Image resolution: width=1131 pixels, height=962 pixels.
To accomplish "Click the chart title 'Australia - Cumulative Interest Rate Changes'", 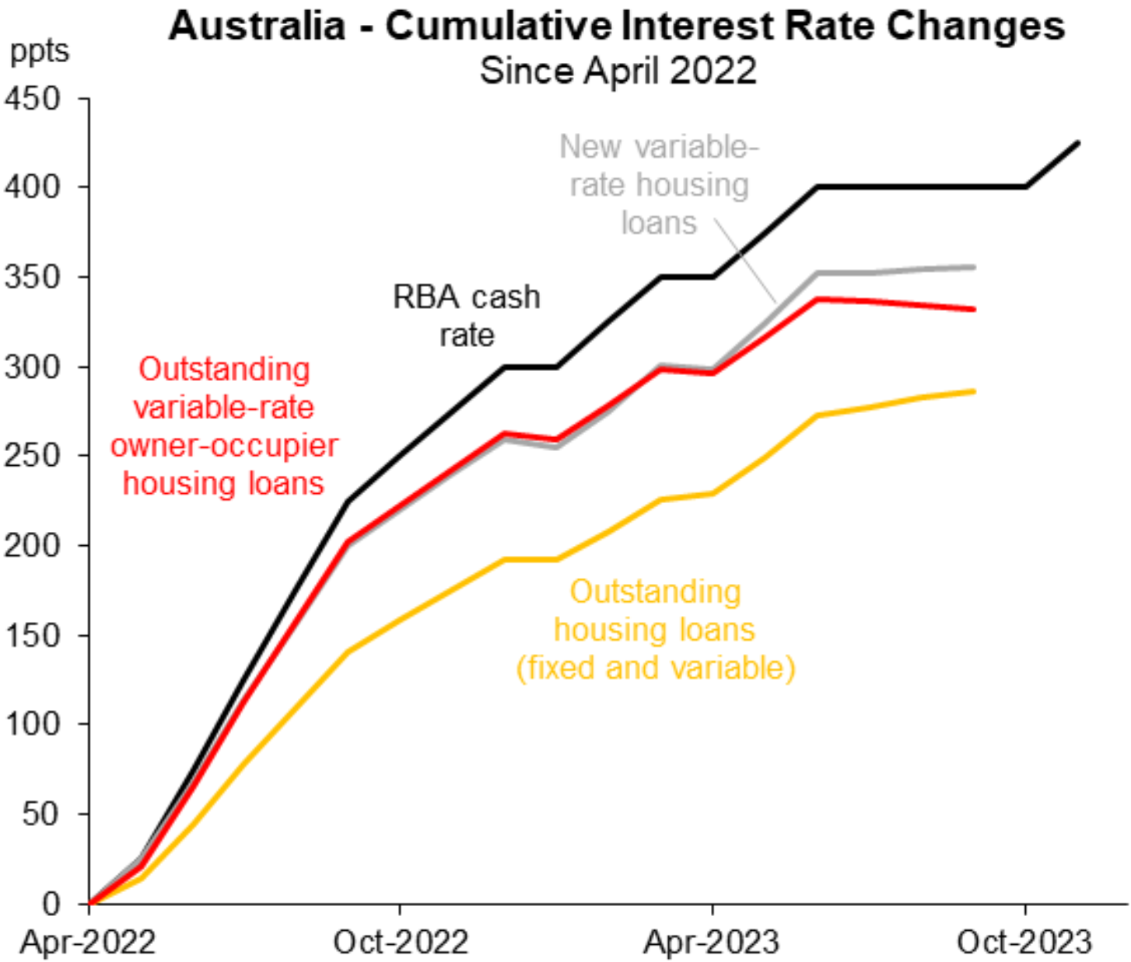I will pos(616,26).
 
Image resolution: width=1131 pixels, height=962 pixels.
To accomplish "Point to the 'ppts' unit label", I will pos(39,51).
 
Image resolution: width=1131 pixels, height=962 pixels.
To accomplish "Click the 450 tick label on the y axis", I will pos(33,99).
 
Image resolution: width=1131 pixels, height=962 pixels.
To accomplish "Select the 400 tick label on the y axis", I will pos(33,187).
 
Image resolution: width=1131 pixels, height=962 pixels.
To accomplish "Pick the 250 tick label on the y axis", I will pos(33,456).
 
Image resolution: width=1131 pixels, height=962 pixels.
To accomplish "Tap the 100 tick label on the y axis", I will pos(33,724).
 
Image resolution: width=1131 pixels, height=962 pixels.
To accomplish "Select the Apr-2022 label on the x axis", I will pos(88,943).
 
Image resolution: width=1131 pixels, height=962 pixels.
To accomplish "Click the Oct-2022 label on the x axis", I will pos(401,943).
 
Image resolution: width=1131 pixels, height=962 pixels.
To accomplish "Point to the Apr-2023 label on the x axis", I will pos(712,943).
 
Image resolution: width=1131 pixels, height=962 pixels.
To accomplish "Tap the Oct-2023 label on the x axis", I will pos(1024,943).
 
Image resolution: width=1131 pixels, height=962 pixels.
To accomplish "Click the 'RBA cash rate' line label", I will pos(466,316).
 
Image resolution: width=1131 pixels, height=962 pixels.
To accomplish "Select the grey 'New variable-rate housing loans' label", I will pos(659,185).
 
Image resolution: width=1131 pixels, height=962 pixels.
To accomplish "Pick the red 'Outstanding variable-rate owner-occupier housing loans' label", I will pos(224,426).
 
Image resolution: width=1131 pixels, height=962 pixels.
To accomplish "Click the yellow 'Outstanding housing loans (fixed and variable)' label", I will pos(655,630).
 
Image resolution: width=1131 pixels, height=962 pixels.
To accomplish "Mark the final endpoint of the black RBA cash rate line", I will pos(1078,142).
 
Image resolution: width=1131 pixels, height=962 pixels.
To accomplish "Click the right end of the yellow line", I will pos(974,391).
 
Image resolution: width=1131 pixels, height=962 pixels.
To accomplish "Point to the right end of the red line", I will pos(974,310).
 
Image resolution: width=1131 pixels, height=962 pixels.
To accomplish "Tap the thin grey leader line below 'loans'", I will pos(745,261).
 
